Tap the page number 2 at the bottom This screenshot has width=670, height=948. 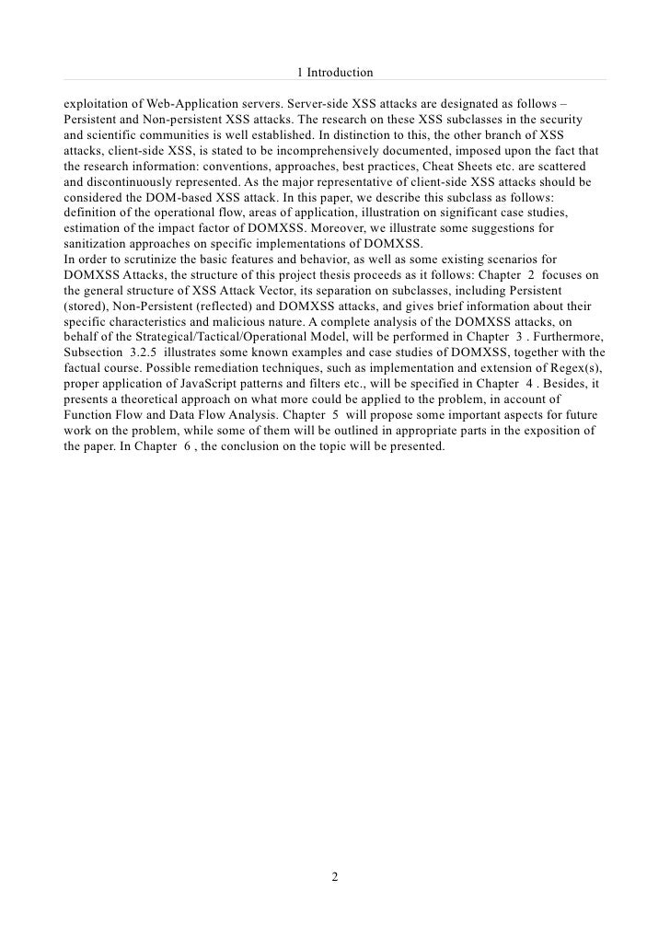(335, 877)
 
